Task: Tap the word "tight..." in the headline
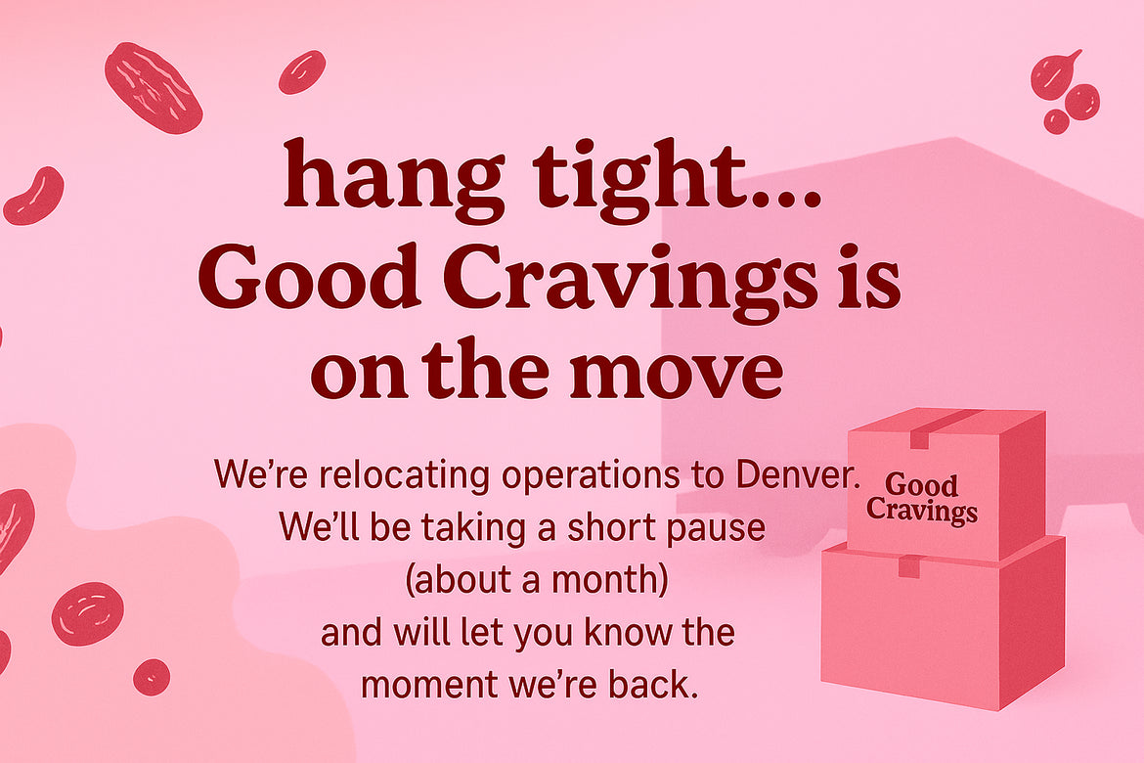coord(677,180)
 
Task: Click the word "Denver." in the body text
coord(798,474)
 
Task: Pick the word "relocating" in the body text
coord(404,474)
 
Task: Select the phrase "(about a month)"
coord(536,580)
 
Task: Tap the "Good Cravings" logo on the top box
coord(922,499)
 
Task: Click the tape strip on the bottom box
coord(909,565)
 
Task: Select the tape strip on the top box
coord(942,428)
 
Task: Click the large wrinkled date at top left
coord(154,88)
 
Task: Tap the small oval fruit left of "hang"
coord(302,71)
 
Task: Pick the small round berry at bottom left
coord(152,677)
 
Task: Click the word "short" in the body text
coord(602,528)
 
